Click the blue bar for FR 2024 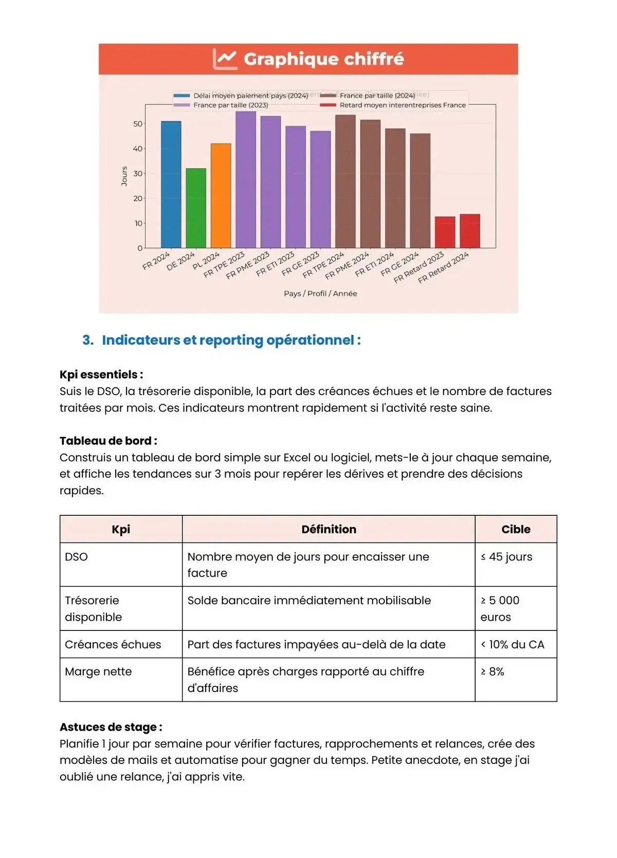point(171,185)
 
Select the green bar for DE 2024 point(196,208)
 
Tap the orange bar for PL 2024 point(221,196)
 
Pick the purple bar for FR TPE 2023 point(246,180)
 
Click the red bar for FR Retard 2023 point(445,232)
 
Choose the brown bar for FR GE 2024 point(420,191)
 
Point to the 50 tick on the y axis point(138,124)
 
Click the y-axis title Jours point(124,176)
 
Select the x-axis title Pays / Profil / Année point(320,293)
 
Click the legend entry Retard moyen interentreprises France point(402,105)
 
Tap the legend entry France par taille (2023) point(230,105)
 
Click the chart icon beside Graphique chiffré point(225,59)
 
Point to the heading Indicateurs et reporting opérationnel point(231,340)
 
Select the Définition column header point(329,529)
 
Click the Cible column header point(516,529)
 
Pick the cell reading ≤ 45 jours point(506,557)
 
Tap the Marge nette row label point(98,672)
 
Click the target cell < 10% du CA point(512,644)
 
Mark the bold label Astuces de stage point(111,727)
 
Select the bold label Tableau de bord point(108,441)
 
